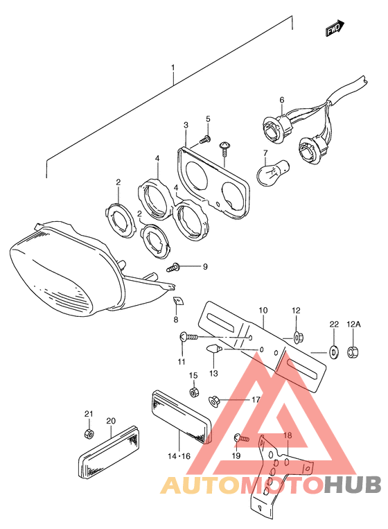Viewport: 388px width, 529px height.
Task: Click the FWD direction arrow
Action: click(335, 28)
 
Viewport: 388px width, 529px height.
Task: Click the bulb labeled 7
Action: click(272, 172)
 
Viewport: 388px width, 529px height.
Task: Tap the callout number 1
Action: click(173, 68)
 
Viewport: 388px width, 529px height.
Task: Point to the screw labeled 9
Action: click(174, 268)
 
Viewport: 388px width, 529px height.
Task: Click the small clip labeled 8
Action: click(178, 300)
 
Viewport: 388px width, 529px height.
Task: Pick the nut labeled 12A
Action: click(353, 352)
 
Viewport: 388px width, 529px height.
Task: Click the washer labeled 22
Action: click(334, 352)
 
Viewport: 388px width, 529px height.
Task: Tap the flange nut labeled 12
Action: click(298, 337)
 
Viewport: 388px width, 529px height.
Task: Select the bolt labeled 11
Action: click(187, 336)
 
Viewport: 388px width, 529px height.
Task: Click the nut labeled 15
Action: click(194, 392)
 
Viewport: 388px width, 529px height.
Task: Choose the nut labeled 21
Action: click(89, 433)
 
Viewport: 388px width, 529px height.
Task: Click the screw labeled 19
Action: click(241, 438)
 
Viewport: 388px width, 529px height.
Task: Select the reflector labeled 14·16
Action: click(180, 417)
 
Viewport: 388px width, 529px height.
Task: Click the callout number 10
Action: click(263, 310)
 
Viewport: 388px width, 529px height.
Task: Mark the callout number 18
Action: click(288, 435)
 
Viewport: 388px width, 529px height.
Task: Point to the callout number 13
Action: click(213, 373)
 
